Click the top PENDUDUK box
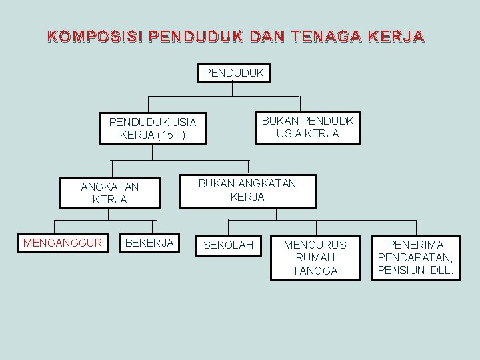[x=234, y=72]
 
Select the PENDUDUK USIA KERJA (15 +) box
[x=153, y=129]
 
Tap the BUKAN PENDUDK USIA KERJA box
[x=308, y=127]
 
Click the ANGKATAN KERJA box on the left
[x=110, y=193]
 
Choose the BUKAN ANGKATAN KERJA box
[x=247, y=190]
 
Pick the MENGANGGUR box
[x=63, y=243]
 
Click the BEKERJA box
[x=149, y=243]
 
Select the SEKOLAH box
[x=228, y=245]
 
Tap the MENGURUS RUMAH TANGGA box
[x=315, y=257]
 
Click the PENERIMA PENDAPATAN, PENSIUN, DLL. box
[x=416, y=257]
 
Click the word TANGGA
[x=315, y=271]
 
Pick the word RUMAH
[x=315, y=257]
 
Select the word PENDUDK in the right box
[x=327, y=121]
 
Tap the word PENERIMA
[x=416, y=245]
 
